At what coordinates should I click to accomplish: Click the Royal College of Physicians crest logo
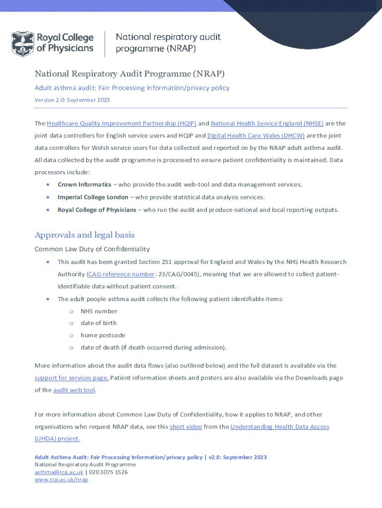[22, 44]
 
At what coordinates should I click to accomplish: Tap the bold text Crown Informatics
[84, 185]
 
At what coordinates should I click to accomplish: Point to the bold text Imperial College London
[93, 197]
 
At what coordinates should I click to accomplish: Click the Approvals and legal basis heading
[84, 235]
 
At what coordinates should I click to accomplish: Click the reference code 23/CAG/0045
[173, 274]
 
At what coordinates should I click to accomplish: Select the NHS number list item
[99, 312]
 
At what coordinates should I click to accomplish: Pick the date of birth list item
[99, 323]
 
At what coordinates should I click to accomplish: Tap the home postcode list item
[103, 335]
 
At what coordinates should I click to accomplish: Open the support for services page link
[71, 378]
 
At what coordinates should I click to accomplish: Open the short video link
[186, 427]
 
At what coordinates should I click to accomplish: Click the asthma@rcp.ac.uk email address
[59, 472]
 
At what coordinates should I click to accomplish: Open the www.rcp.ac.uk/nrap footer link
[61, 480]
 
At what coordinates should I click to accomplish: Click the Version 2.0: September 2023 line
[72, 100]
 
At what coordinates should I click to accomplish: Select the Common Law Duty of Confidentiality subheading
[92, 249]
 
